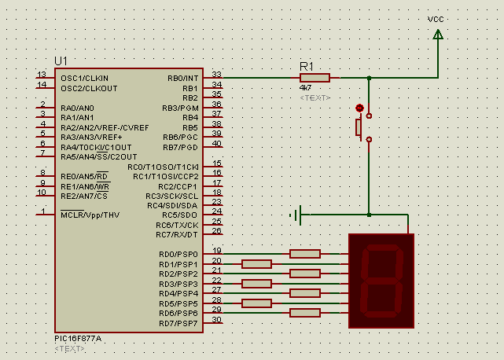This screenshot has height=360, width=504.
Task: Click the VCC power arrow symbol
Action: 438,35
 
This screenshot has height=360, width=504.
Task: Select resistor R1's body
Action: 315,78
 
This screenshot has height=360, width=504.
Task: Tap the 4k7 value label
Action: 305,88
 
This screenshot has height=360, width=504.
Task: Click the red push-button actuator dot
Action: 359,108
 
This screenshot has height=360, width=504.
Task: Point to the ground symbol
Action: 296,215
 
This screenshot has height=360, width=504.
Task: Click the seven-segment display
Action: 381,281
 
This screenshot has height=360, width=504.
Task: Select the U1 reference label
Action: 61,61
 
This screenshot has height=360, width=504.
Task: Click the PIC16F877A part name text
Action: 78,339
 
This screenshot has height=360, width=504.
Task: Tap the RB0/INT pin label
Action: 183,79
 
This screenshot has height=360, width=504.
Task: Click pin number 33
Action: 217,74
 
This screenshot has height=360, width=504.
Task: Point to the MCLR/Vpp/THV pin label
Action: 90,215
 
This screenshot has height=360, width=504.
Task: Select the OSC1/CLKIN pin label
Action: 85,79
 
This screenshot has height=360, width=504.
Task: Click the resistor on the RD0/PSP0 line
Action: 305,254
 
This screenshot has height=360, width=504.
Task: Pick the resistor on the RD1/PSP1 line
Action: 256,264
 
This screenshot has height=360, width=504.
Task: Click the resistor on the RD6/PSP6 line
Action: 305,313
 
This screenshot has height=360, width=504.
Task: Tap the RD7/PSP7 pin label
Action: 178,323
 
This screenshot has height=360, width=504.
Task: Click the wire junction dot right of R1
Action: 369,78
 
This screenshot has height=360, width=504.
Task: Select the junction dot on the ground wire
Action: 369,215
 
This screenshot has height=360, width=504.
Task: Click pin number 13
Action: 42,74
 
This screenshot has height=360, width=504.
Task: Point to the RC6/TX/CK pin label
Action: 177,226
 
